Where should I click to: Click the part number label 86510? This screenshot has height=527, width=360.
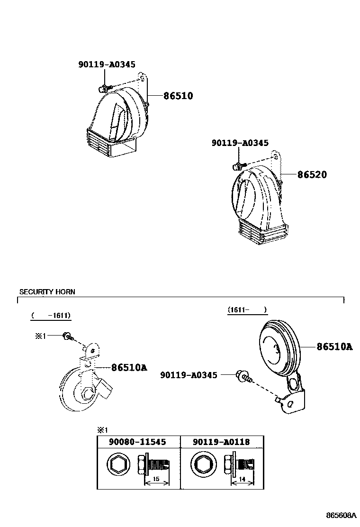tap(178, 96)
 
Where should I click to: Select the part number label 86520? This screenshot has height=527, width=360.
tap(312, 175)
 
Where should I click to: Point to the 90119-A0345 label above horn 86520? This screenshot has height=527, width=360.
tap(240, 143)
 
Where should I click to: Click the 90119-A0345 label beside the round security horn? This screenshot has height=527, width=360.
tap(189, 375)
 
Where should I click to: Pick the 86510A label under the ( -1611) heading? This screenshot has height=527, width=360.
tap(129, 367)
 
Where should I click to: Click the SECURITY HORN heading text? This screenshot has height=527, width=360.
tap(47, 292)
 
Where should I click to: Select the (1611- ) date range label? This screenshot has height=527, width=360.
tap(247, 310)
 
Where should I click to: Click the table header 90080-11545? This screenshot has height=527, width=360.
tap(137, 442)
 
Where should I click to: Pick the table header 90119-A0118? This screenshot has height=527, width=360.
tap(221, 442)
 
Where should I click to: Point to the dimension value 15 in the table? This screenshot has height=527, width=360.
tap(155, 480)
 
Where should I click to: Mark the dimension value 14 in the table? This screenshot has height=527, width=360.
tap(242, 480)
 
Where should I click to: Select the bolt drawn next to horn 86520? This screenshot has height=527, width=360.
tap(238, 166)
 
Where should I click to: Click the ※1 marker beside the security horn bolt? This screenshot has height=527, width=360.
tap(40, 336)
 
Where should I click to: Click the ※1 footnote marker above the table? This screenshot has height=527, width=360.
tap(103, 430)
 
